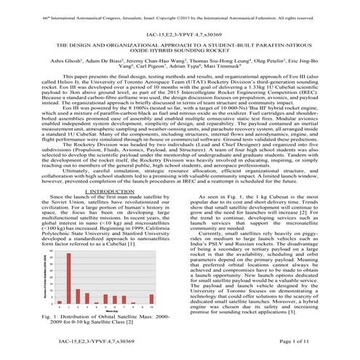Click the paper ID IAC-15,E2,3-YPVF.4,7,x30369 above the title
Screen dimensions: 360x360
(180, 35)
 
